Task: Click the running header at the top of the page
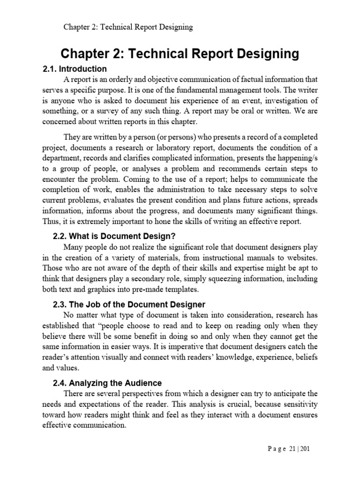point(128,27)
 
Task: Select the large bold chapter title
point(180,54)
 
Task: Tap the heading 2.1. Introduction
point(75,69)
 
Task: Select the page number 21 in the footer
point(291,449)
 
